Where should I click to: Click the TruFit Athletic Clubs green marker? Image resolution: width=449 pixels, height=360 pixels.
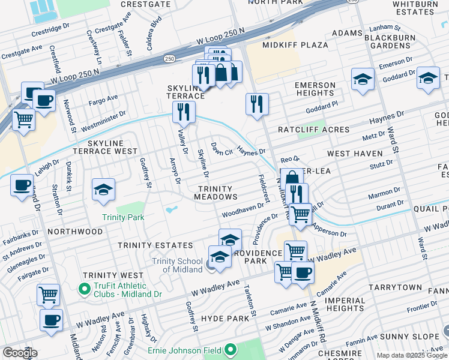[x=85, y=289]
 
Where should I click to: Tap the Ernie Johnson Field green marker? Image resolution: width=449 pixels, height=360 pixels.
[x=229, y=350]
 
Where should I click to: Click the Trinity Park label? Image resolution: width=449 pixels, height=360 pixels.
[x=123, y=217]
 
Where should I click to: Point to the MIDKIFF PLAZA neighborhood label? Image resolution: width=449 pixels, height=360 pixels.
[x=295, y=45]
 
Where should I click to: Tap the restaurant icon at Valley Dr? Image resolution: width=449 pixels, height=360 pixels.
[x=184, y=112]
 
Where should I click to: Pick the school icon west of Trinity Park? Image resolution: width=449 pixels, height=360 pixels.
[x=104, y=190]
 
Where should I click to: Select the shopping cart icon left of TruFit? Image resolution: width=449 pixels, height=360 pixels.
[x=48, y=295]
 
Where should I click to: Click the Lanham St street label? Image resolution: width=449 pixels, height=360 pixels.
[x=385, y=28]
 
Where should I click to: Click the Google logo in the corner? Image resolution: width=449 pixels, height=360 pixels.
[x=20, y=353]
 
